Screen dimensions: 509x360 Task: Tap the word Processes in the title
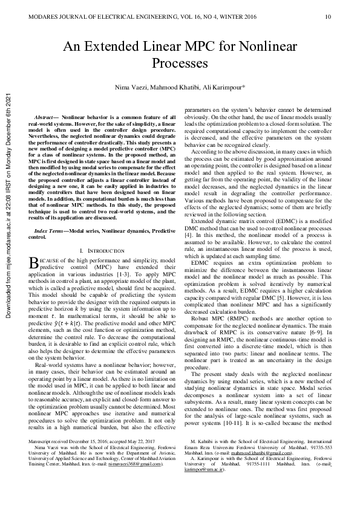click(180, 62)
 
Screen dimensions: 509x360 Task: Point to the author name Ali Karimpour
click(223, 88)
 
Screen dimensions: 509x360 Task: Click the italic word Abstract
click(45, 115)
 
